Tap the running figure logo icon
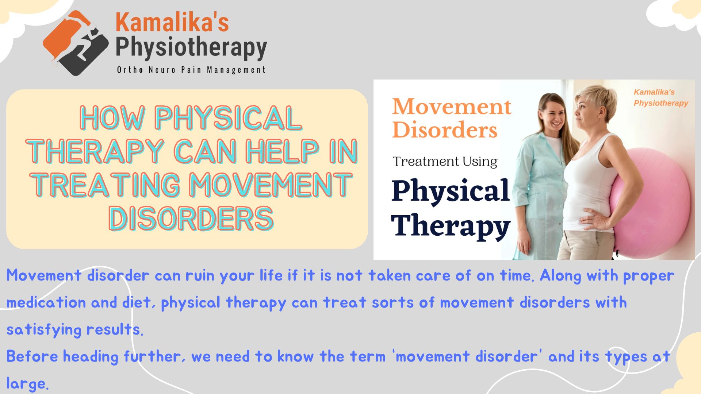coord(76,43)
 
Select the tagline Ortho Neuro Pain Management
coord(191,70)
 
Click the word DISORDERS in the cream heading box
coord(191,219)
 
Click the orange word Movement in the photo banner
coord(452,107)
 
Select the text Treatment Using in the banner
coord(445,161)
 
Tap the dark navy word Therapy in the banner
coord(451,226)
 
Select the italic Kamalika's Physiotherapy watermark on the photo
coord(661,97)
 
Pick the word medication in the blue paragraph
coord(46,302)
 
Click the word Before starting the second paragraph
coord(32,356)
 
